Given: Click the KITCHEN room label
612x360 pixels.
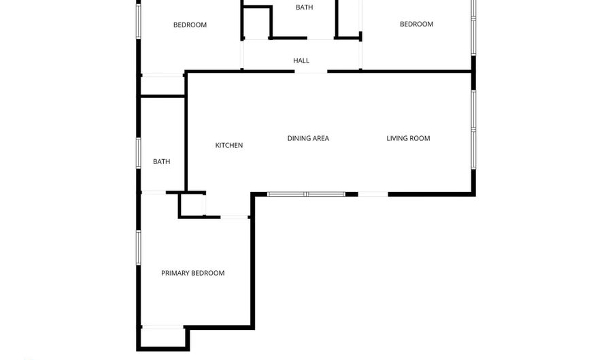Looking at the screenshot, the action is coord(229,145).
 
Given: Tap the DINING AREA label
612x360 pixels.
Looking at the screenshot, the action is coord(308,138).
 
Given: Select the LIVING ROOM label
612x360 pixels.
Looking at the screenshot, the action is coord(408,138).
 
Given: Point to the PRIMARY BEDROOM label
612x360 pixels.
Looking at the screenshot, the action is coord(193,273).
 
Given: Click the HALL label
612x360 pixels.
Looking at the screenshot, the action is coord(301,61).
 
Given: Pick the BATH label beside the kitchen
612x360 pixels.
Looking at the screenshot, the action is coord(162,161).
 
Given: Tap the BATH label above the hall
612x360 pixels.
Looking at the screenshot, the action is coord(305,7).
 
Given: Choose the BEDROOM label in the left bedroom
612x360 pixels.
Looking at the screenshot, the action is coord(190,25).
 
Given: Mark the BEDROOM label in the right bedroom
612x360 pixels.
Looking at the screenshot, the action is coord(416,24).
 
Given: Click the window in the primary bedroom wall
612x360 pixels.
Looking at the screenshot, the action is coord(138,248).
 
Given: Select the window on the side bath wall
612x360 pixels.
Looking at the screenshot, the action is coord(138,153).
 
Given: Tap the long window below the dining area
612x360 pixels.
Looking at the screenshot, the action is coord(306,194).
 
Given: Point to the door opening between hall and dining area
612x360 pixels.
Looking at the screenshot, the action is coord(311,71).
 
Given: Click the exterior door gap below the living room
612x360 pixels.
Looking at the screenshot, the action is coord(373,194).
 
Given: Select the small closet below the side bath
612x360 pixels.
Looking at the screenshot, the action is coord(192,205).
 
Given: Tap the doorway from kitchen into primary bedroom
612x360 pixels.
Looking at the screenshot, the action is coord(234,217).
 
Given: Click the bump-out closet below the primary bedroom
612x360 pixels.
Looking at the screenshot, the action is coord(163,338).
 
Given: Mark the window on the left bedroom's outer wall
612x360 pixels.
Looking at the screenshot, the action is coord(138,21).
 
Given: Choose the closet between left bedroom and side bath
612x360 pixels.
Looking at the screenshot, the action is coord(163,85).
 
